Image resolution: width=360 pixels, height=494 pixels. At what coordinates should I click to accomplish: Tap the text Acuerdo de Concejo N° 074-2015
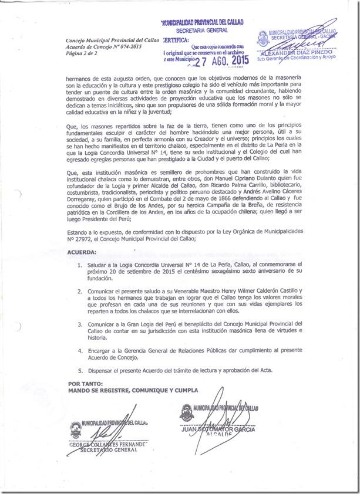[96, 46]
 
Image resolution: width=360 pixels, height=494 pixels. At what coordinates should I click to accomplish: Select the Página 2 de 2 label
[82, 53]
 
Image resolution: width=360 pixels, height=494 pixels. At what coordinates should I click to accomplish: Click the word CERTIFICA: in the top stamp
[174, 40]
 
